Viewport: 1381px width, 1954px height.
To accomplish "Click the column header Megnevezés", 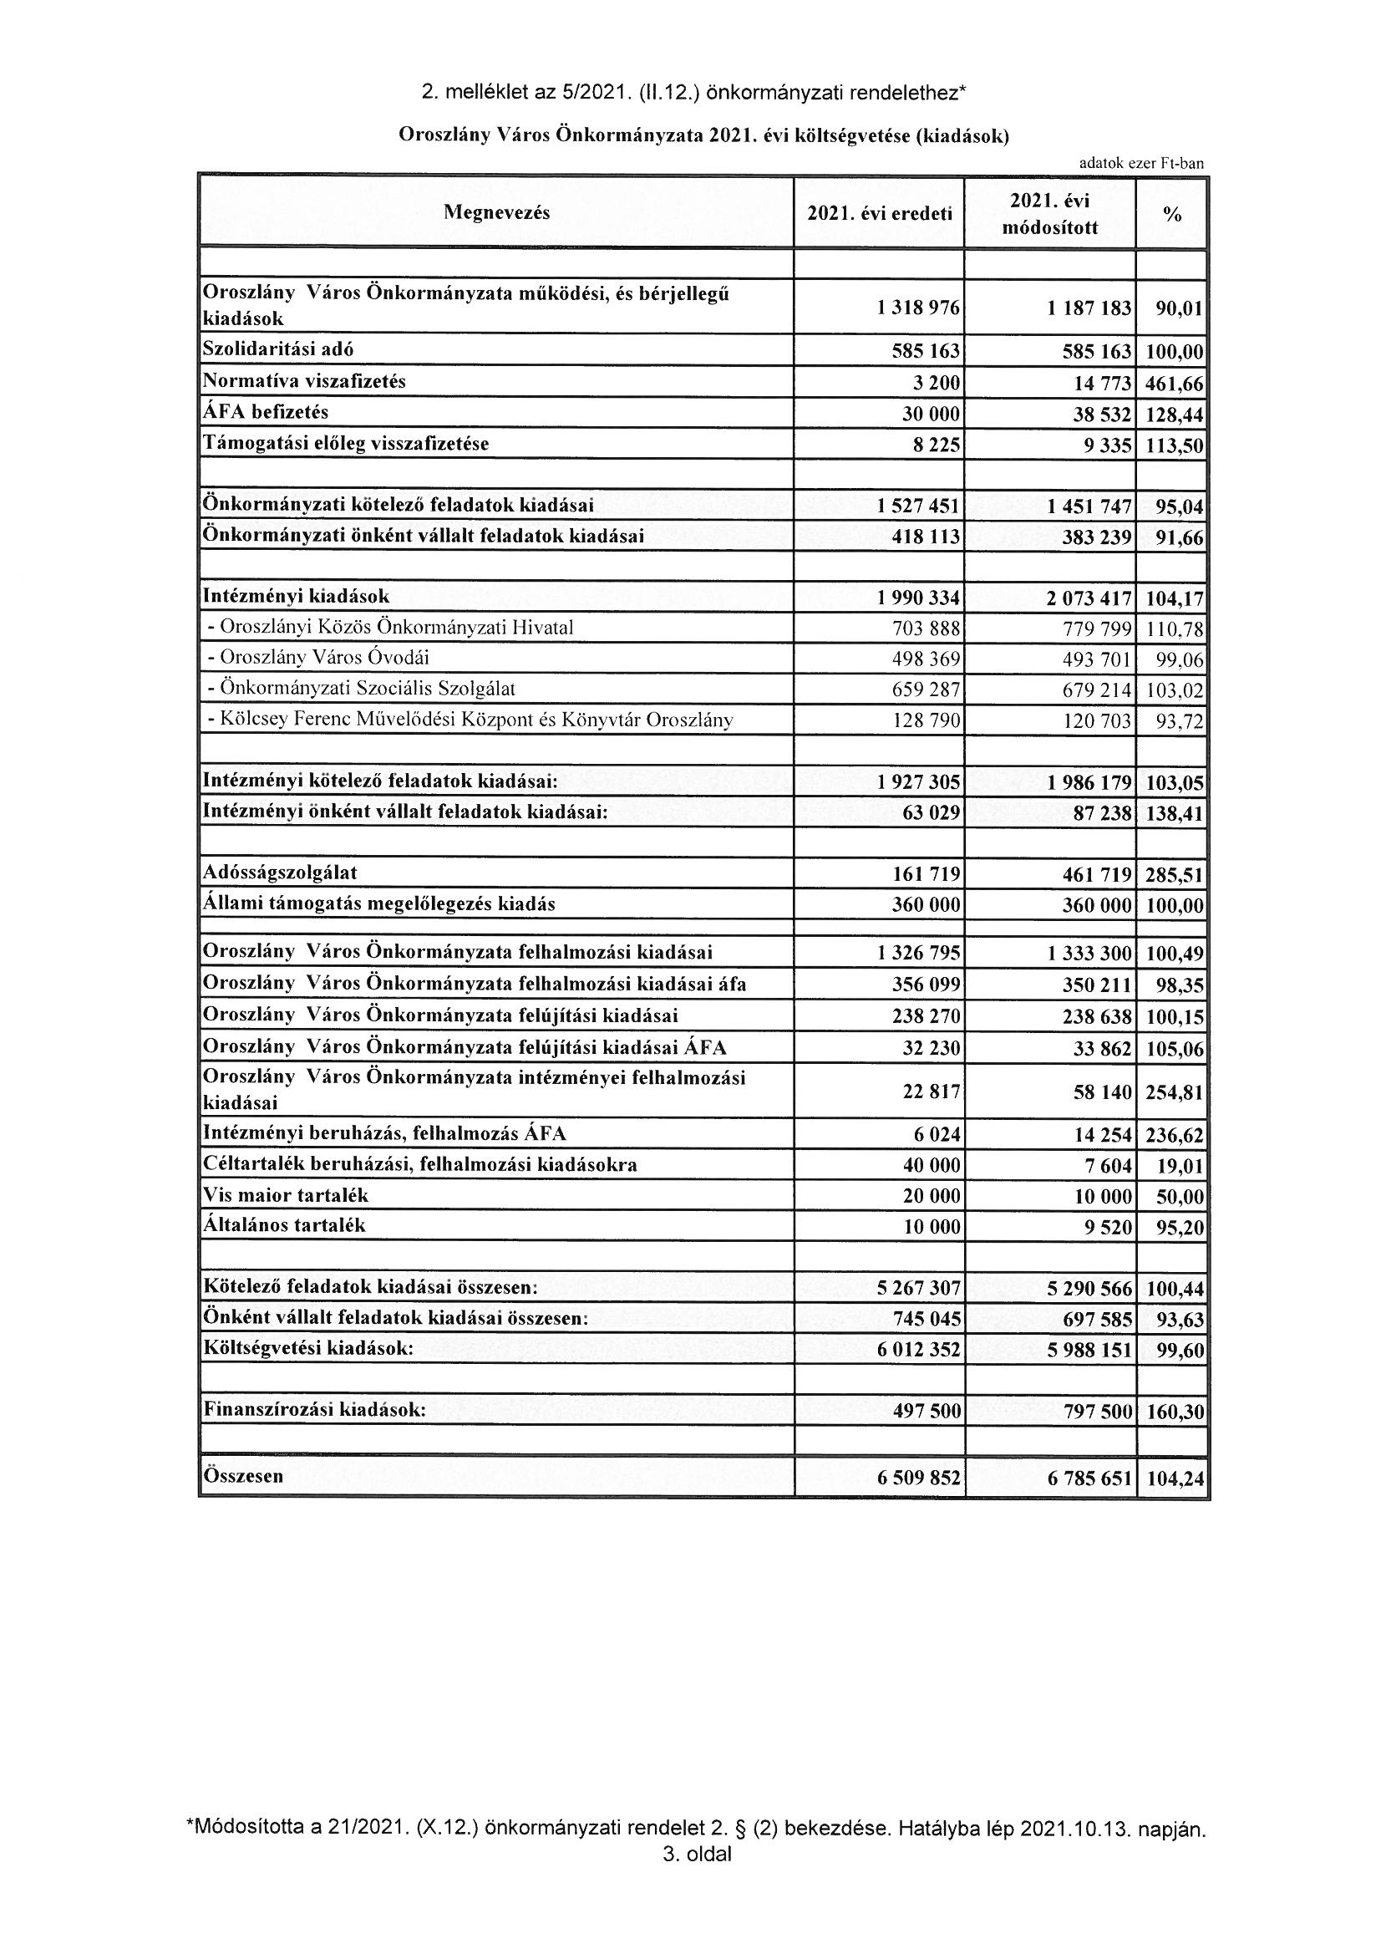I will click(496, 213).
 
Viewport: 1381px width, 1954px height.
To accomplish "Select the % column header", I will click(1171, 216).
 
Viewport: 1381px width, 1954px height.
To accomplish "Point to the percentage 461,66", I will click(1175, 384).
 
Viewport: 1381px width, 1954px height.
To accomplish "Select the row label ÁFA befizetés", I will click(266, 413).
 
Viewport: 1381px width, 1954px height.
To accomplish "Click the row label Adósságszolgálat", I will click(280, 873).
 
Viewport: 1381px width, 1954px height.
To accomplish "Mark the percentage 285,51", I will click(1175, 875).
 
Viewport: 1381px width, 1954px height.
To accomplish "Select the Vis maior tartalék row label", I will click(285, 1195).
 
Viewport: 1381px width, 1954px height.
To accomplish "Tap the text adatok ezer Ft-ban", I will click(1140, 164).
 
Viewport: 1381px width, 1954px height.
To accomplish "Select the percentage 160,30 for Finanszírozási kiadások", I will click(1175, 1412).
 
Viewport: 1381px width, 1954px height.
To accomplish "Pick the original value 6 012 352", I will click(919, 1350).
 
